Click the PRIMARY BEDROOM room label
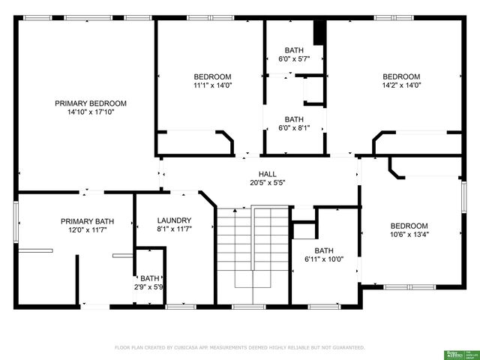pyautogui.click(x=90, y=103)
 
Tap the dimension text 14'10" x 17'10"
pyautogui.click(x=90, y=112)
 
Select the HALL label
pyautogui.click(x=267, y=173)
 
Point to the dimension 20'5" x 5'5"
pyautogui.click(x=267, y=182)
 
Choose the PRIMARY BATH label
pyautogui.click(x=88, y=221)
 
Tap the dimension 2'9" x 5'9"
pyautogui.click(x=150, y=286)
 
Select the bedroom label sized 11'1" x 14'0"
pyautogui.click(x=212, y=76)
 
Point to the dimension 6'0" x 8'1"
pyautogui.click(x=294, y=127)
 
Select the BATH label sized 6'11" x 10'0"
pyautogui.click(x=324, y=250)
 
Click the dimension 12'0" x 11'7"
pyautogui.click(x=88, y=230)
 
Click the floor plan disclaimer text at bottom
pyautogui.click(x=239, y=347)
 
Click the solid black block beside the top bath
pyautogui.click(x=319, y=33)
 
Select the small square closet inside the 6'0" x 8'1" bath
pyautogui.click(x=313, y=89)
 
